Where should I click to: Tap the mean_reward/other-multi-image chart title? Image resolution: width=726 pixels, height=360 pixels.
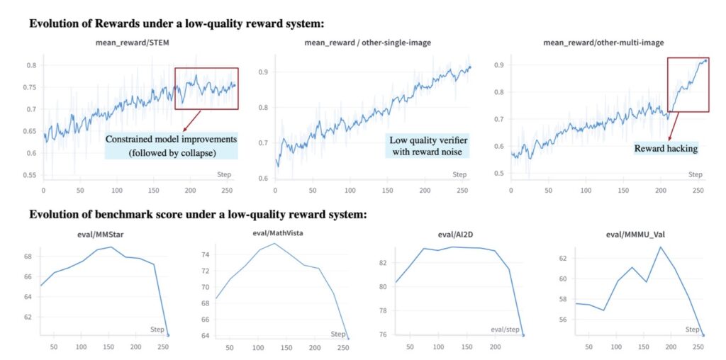pos(603,43)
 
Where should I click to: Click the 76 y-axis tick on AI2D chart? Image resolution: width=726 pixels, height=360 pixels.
pos(381,334)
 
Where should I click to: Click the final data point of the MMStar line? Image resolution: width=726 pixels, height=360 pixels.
pos(168,335)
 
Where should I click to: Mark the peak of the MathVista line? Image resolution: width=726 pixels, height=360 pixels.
pos(274,244)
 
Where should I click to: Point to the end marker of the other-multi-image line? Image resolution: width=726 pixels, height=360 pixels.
pos(705,61)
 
